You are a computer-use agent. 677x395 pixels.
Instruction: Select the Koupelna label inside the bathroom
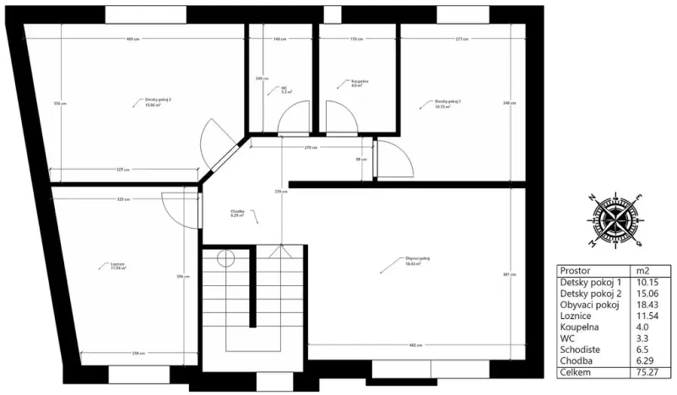pos(357,83)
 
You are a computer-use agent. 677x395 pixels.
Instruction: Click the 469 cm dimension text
pos(133,39)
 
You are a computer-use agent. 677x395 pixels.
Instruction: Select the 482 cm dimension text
pos(415,344)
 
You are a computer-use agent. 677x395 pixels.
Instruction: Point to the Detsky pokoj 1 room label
pos(448,103)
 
